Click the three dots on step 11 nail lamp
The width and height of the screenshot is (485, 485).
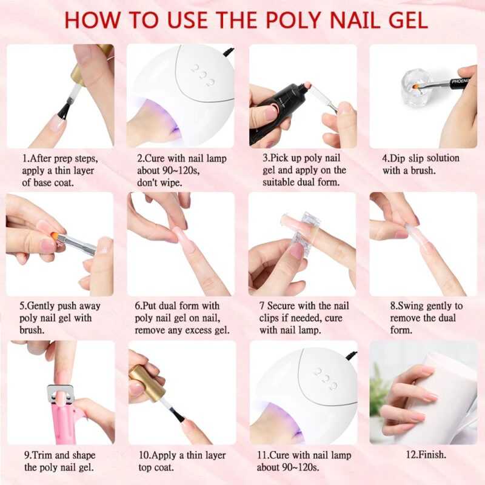coord(326,375)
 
